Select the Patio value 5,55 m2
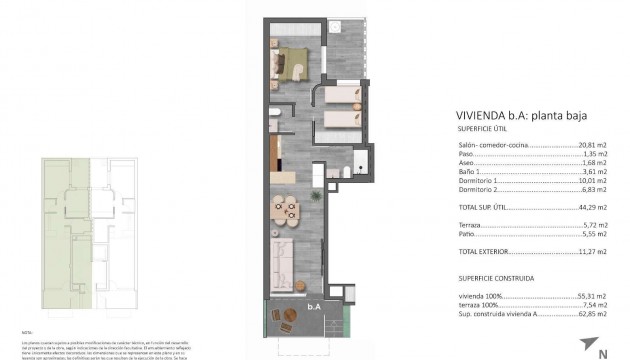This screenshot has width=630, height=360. tap(596, 234)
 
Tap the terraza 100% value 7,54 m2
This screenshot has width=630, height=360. tap(596, 306)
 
